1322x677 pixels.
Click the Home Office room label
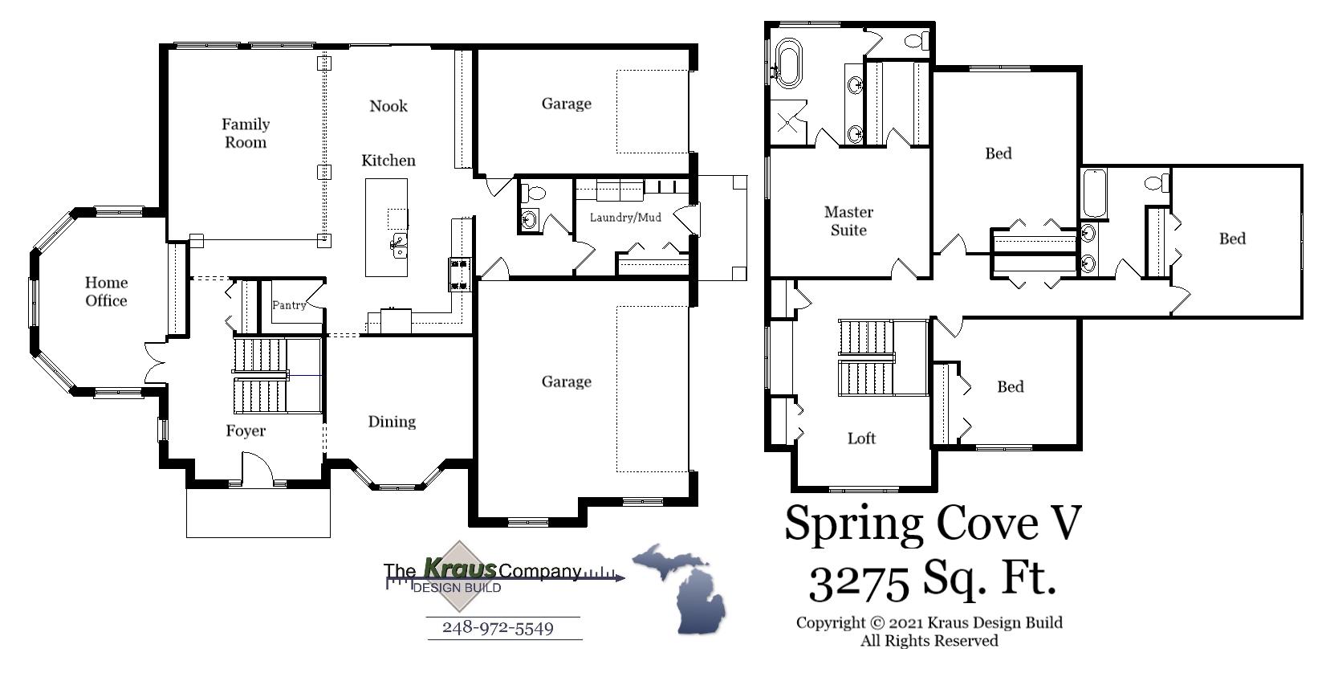click(x=106, y=292)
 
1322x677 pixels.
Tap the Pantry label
click(x=288, y=305)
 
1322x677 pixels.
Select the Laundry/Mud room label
click(x=625, y=217)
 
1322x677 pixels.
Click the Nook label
click(x=388, y=106)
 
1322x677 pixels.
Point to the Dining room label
click(x=392, y=422)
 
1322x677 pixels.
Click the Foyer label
click(x=246, y=431)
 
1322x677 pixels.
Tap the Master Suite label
click(x=848, y=221)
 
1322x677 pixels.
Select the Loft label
click(x=861, y=438)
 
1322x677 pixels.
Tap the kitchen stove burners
click(x=460, y=273)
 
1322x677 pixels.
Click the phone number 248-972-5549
click(x=498, y=628)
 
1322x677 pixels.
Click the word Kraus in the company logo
click(x=459, y=569)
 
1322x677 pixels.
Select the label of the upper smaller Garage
click(x=566, y=104)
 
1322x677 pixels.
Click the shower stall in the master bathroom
click(x=789, y=122)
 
